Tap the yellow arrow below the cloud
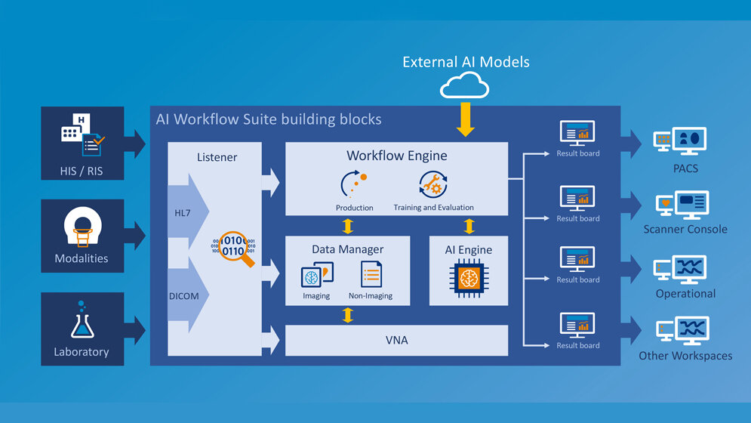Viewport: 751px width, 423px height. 466,119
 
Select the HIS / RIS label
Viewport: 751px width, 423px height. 82,171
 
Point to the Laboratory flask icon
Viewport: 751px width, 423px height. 82,320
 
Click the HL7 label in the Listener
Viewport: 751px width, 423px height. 183,214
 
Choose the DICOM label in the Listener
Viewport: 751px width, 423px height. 184,296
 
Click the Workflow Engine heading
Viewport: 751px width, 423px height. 396,156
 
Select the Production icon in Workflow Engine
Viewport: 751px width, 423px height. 354,185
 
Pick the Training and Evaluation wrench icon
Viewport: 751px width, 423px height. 433,185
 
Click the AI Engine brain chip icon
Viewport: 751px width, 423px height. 468,277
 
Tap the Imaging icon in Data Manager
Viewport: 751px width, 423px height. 316,275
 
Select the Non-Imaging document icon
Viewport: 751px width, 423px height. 370,274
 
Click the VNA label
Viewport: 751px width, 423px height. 396,340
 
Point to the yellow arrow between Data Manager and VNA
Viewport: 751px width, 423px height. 347,315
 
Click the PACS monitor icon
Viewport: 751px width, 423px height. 681,140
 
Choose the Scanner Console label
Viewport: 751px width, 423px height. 685,229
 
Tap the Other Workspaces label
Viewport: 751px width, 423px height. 685,355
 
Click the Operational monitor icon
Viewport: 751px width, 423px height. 681,268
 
